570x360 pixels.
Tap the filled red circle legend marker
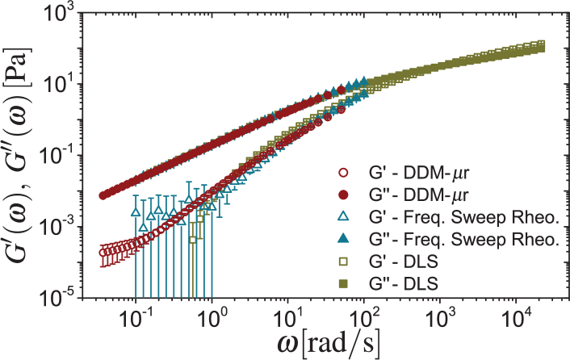click(343, 196)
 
